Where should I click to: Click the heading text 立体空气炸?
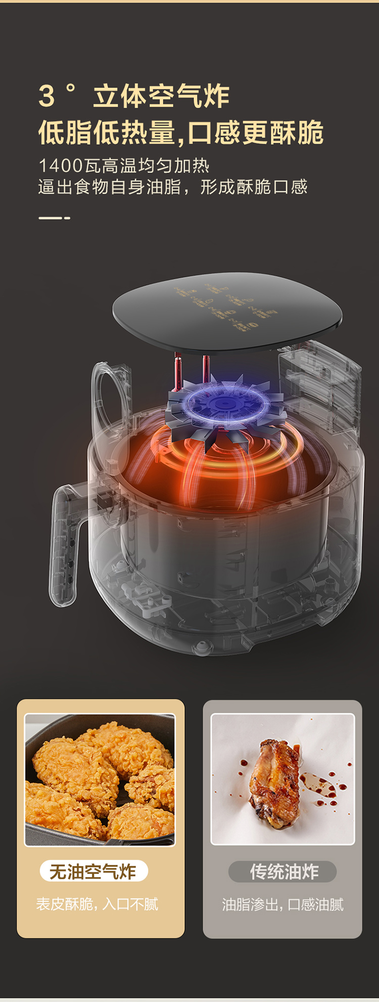click(162, 96)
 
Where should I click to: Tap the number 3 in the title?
click(46, 96)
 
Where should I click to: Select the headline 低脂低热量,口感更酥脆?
click(181, 133)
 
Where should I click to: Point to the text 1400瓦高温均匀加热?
click(124, 165)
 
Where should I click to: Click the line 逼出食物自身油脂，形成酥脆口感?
click(173, 187)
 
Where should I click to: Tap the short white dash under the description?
click(54, 218)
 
